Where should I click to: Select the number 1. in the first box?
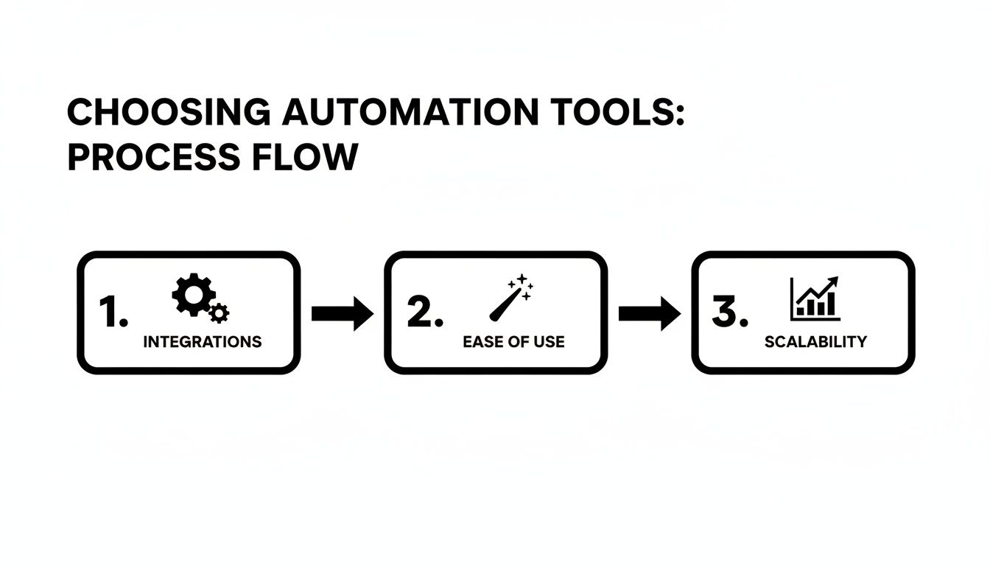pos(113,313)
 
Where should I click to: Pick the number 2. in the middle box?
pos(425,313)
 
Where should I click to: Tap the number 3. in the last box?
pos(730,313)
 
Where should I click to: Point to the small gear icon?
pos(219,313)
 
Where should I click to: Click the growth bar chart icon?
pos(815,298)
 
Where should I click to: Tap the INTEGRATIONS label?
pos(202,342)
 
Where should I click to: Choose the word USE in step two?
pos(549,342)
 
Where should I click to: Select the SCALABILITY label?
pos(815,342)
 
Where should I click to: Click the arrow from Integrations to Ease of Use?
pos(343,314)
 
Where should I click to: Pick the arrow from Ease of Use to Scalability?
pos(649,314)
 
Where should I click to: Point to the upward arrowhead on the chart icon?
pos(833,281)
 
